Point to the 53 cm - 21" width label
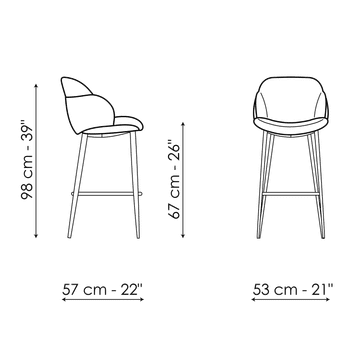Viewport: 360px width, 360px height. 293,289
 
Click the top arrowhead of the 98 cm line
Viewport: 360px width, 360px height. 36,86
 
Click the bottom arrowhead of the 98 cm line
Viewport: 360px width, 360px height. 36,236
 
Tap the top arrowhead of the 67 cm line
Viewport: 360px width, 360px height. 183,124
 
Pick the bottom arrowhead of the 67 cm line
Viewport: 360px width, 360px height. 183,236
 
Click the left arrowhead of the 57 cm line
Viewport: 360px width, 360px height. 64,299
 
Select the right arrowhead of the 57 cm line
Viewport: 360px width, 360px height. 142,299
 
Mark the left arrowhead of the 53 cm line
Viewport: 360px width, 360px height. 254,299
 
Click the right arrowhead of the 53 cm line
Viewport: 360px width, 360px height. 328,299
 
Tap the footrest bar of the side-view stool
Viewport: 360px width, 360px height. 107,193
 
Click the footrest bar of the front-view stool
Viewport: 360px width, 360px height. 290,193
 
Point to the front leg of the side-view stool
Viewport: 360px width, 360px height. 135,185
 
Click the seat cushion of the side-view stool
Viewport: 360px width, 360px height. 113,127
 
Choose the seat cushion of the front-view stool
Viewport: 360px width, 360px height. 290,126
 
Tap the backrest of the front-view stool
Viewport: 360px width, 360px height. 290,98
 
